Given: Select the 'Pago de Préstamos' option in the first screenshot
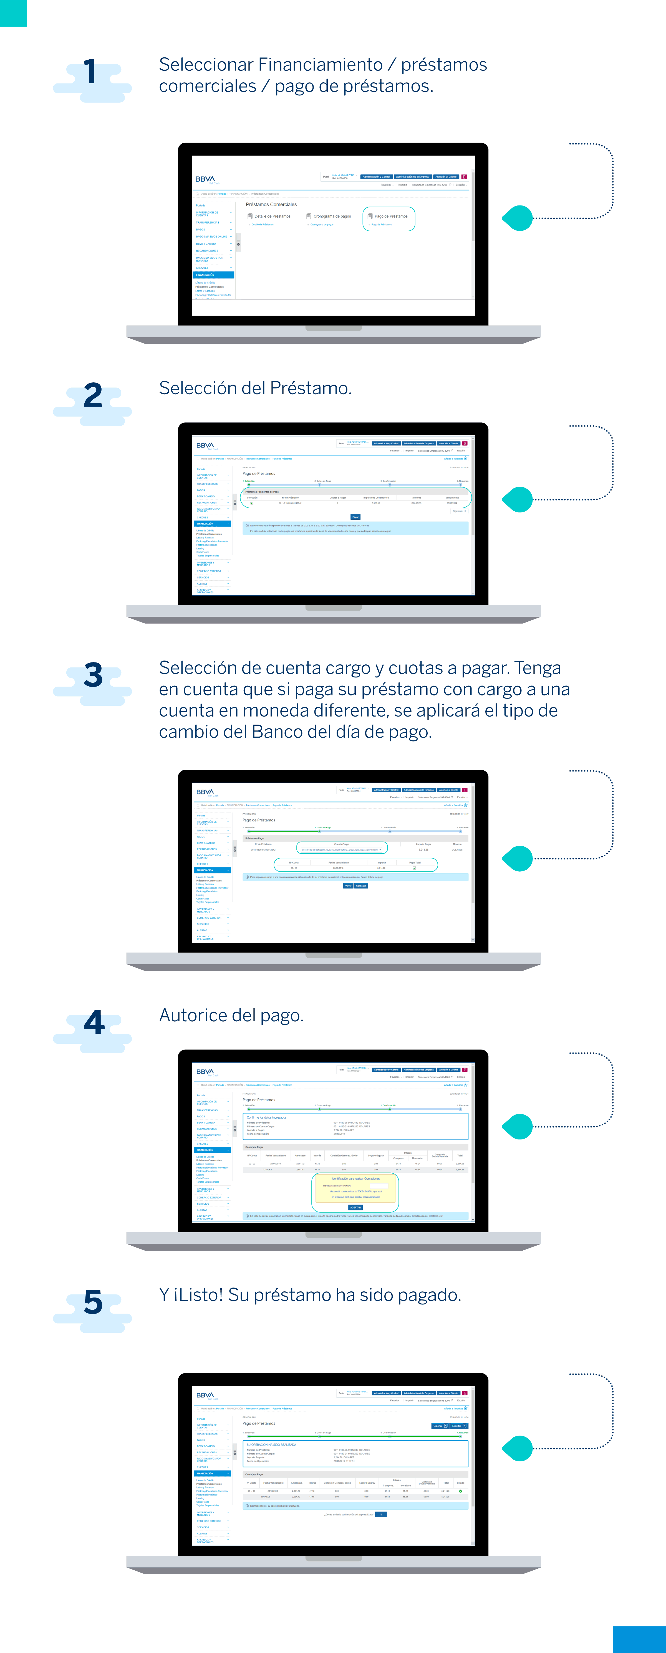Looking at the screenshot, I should click(x=390, y=216).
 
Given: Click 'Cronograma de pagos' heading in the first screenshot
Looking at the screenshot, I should click(x=331, y=216).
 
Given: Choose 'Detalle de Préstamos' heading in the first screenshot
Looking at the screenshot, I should click(x=272, y=216).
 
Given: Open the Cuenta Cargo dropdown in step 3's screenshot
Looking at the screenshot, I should click(x=342, y=850).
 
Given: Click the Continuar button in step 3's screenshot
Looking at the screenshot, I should click(x=361, y=885).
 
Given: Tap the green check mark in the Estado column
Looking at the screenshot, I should click(x=460, y=1491).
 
